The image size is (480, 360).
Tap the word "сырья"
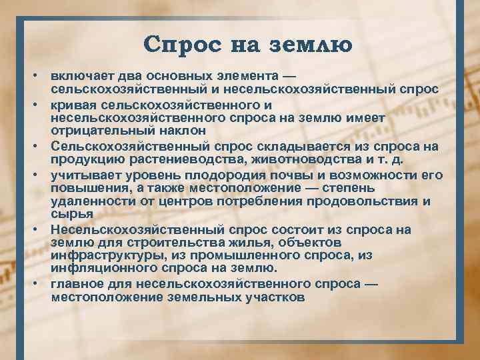tap(69, 213)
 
